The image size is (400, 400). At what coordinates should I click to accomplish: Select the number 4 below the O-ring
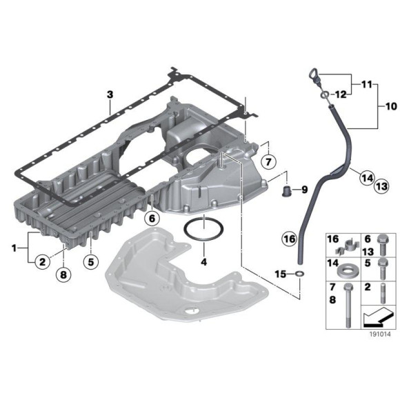203,262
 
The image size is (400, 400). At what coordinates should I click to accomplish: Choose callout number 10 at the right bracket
390,107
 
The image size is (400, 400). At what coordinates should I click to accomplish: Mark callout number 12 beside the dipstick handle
340,94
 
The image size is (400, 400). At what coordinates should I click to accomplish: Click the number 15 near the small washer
279,274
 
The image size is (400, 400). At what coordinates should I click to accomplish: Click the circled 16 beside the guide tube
288,239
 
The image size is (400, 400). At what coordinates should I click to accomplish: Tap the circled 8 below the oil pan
63,275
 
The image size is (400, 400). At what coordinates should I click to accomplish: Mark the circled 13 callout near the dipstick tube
381,185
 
